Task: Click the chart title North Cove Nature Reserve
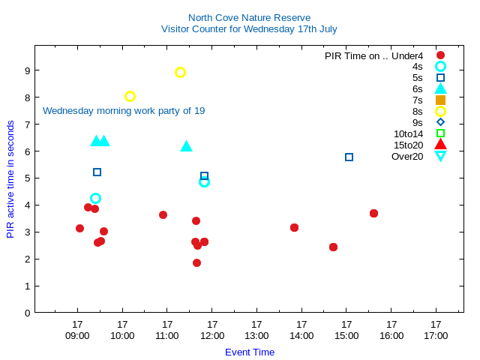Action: (249, 17)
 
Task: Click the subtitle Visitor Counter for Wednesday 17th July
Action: (249, 29)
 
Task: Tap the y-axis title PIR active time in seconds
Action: (10, 179)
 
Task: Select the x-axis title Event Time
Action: (250, 352)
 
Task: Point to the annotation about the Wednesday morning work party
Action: (124, 111)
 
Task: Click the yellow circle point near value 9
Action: (180, 73)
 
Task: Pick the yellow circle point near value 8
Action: (130, 96)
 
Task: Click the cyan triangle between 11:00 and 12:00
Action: (186, 146)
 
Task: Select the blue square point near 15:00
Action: (349, 157)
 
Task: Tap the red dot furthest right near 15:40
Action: (373, 213)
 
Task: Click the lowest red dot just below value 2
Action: (196, 262)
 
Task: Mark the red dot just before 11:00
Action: (163, 214)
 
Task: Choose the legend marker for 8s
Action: (440, 111)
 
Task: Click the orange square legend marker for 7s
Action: (440, 100)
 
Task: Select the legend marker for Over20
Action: (440, 156)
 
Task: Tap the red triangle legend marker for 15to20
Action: (440, 145)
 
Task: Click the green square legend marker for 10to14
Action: (440, 133)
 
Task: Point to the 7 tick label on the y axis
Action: (26, 124)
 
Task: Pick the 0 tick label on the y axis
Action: (26, 313)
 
